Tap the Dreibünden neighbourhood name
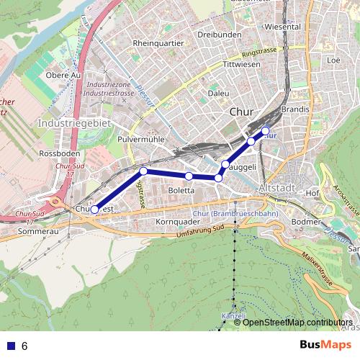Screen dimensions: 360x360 (217, 34)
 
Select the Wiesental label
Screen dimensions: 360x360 (283, 27)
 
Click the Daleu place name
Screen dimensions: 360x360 (218, 94)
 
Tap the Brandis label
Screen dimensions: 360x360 (296, 109)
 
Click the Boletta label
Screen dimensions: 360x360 (181, 190)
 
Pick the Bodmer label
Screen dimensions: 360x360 (307, 222)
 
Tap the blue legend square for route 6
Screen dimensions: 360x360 (9, 346)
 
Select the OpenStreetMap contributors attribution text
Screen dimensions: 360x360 (297, 322)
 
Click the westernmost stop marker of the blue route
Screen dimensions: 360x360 (94, 210)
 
